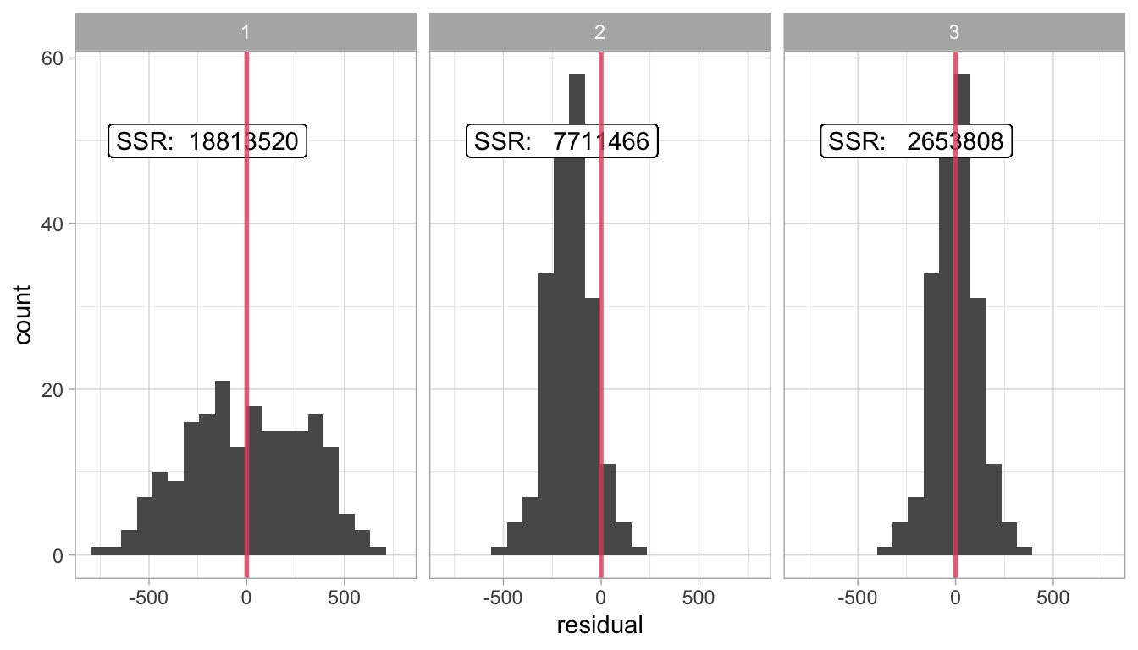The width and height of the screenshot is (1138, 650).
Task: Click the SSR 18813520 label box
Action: point(207,142)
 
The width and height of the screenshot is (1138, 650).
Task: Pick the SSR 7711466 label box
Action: point(562,142)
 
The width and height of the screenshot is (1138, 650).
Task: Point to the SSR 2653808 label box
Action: point(916,142)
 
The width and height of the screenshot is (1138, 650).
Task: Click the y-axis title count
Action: point(23,314)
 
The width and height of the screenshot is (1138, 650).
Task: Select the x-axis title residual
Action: point(599,626)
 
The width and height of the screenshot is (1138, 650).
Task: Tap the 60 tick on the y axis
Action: point(52,58)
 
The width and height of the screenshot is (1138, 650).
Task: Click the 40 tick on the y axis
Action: point(52,224)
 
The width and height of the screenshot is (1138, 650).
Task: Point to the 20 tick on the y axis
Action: point(52,390)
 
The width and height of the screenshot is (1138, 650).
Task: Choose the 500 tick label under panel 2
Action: point(698,596)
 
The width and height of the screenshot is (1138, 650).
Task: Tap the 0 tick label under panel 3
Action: point(955,596)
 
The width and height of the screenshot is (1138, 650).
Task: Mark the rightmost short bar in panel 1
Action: point(378,551)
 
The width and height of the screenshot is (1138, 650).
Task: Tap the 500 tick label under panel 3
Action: point(1052,596)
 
